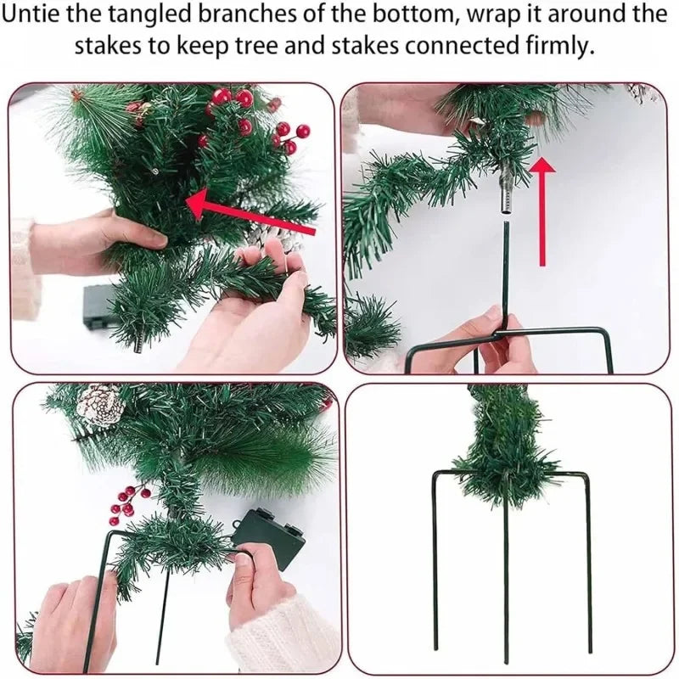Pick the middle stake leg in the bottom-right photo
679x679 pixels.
[506, 586]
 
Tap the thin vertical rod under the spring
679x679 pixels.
[505, 272]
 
